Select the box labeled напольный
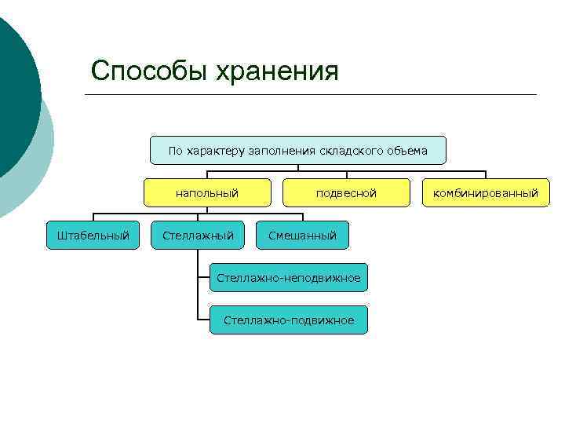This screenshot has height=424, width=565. pyautogui.click(x=207, y=192)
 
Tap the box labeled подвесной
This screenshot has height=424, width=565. pyautogui.click(x=346, y=192)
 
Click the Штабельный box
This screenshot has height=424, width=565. pyautogui.click(x=93, y=235)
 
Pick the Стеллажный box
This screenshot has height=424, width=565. pyautogui.click(x=198, y=235)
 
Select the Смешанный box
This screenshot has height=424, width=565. pyautogui.click(x=302, y=235)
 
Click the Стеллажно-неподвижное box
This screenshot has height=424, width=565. pyautogui.click(x=288, y=278)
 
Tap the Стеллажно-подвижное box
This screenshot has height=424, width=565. pyautogui.click(x=288, y=320)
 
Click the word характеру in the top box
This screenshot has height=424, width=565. pyautogui.click(x=217, y=150)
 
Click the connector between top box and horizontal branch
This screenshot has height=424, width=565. pyautogui.click(x=298, y=167)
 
